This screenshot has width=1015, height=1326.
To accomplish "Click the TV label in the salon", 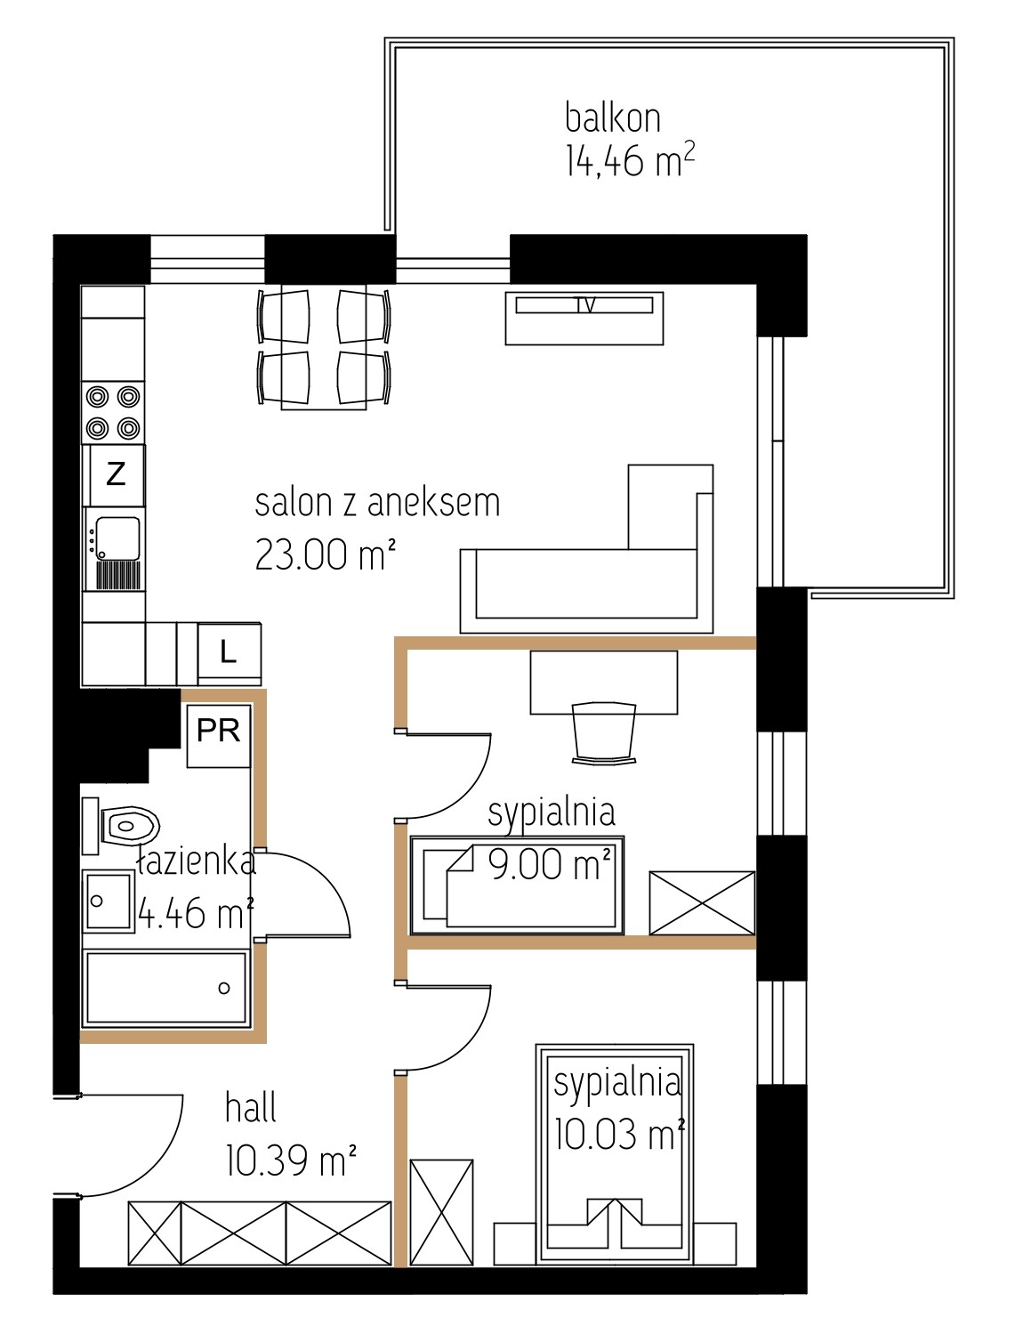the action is point(584,304).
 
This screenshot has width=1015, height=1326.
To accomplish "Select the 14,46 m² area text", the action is point(630,160).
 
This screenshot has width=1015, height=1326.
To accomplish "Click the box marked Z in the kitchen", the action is point(116,474).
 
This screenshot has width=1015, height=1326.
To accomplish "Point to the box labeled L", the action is point(230,653).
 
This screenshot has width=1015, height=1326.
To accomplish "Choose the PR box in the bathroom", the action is point(218,735).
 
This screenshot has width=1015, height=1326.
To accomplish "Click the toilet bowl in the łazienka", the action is point(129,826).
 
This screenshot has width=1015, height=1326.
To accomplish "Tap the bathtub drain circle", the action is point(224,988).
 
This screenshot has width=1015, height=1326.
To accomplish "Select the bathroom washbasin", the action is point(108,901).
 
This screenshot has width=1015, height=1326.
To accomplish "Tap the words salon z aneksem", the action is point(377,503).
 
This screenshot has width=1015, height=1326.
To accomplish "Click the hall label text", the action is point(251,1108).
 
